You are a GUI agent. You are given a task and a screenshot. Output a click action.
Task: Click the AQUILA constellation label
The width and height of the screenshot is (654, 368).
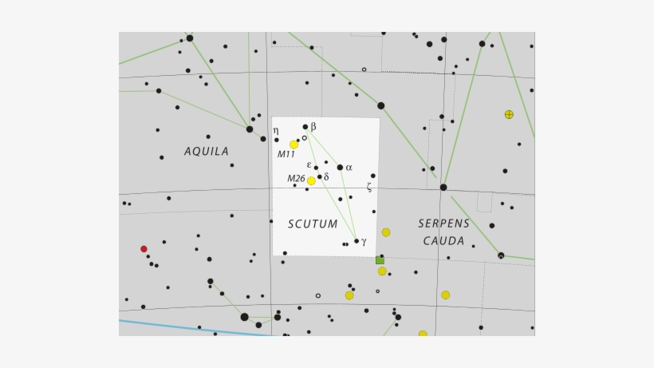point(207,151)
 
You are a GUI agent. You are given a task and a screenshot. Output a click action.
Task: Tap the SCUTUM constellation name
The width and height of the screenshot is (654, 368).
point(313,224)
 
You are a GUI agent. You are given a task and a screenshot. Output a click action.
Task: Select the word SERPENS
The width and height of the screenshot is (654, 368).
point(443,224)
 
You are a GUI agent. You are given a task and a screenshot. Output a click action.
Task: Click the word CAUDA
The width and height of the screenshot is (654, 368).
point(443,241)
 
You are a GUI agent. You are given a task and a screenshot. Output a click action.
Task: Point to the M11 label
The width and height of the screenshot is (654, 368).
point(286,154)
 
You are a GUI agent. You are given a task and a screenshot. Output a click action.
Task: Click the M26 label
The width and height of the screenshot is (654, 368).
point(296,179)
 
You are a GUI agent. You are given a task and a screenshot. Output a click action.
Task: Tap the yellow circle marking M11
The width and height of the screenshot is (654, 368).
point(294,144)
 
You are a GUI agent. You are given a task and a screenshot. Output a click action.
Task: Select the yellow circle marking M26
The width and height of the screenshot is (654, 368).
point(311,181)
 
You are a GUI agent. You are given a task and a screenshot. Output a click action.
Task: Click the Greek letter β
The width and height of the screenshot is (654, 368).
point(313,126)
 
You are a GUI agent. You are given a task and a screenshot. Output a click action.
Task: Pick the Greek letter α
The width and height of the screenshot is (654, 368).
point(349,168)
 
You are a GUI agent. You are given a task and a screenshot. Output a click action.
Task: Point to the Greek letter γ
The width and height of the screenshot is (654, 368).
point(364,241)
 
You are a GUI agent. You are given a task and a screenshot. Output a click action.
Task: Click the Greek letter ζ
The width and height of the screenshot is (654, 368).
point(369,187)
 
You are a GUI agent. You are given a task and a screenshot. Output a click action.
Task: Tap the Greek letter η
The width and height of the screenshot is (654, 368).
point(276,130)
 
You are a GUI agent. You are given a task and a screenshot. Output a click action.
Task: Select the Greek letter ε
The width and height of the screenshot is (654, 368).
point(309,164)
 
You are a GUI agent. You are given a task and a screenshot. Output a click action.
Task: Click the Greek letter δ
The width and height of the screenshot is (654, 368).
point(326,176)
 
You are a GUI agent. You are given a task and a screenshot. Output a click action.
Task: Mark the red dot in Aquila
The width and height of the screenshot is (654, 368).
point(144,249)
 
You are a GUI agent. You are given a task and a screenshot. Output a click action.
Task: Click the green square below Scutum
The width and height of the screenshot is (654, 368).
point(380,260)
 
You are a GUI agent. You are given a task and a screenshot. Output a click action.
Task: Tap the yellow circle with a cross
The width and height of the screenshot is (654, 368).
point(509,114)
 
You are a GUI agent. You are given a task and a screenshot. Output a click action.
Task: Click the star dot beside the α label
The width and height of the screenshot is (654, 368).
point(340,168)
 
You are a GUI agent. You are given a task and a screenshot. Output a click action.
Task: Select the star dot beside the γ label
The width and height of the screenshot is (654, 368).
point(357,241)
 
